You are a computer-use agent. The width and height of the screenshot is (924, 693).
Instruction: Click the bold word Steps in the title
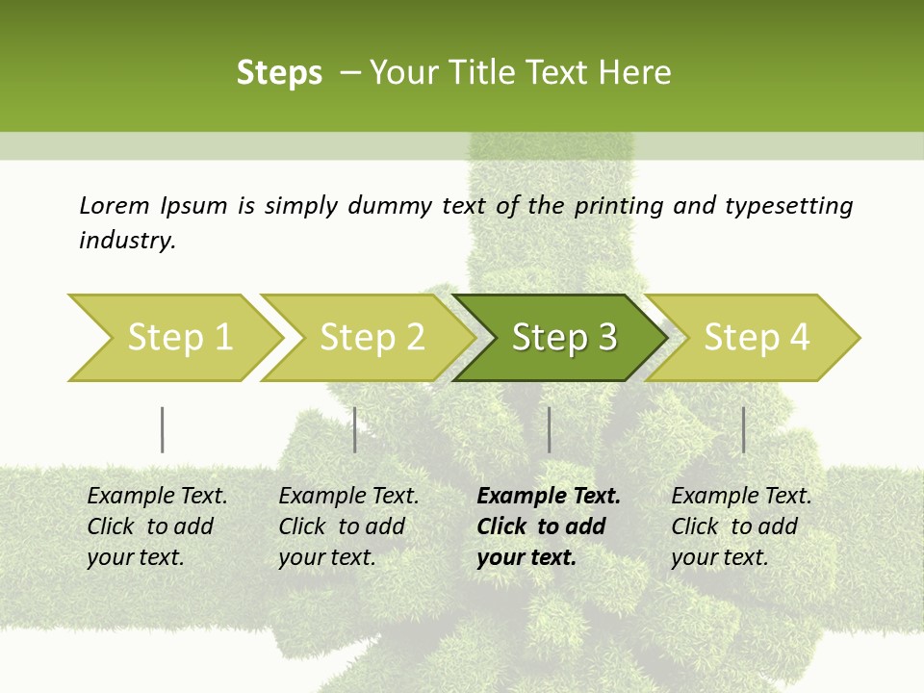tap(279, 73)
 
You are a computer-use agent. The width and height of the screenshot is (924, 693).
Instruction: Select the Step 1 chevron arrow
tap(173, 338)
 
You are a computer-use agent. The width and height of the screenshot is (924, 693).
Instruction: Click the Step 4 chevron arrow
tap(757, 338)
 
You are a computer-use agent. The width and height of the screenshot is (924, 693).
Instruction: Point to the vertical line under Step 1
tap(163, 429)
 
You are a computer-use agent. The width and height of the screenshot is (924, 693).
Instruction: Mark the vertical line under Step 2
tap(355, 429)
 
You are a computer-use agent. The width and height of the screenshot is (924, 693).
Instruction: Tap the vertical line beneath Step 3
tap(549, 429)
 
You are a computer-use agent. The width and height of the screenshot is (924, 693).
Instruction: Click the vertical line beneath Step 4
tap(743, 429)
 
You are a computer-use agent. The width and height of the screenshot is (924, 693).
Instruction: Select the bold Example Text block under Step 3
tap(548, 526)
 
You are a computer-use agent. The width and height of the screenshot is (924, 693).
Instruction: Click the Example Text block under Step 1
tap(157, 526)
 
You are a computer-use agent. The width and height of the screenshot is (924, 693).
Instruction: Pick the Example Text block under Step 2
tap(348, 526)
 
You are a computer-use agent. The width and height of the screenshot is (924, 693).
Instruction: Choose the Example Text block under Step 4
tap(741, 526)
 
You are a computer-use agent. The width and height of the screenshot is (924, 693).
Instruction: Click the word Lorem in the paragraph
tap(115, 205)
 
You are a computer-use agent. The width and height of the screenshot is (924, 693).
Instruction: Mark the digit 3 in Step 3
tap(606, 338)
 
